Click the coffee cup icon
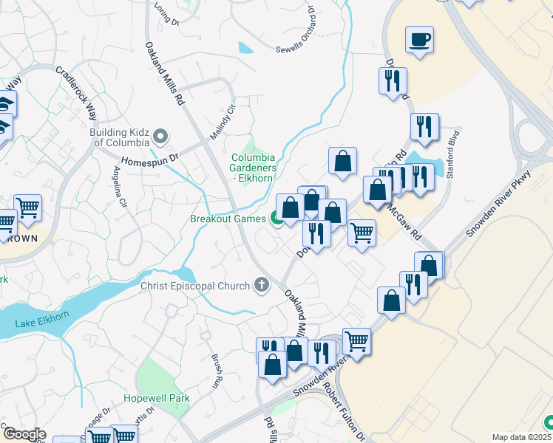pos(419,40)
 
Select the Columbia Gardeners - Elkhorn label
pos(253,168)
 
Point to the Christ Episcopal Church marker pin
pos(261,285)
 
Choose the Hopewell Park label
pos(157,398)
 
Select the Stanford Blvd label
pos(452,151)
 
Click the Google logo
pos(24,434)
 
